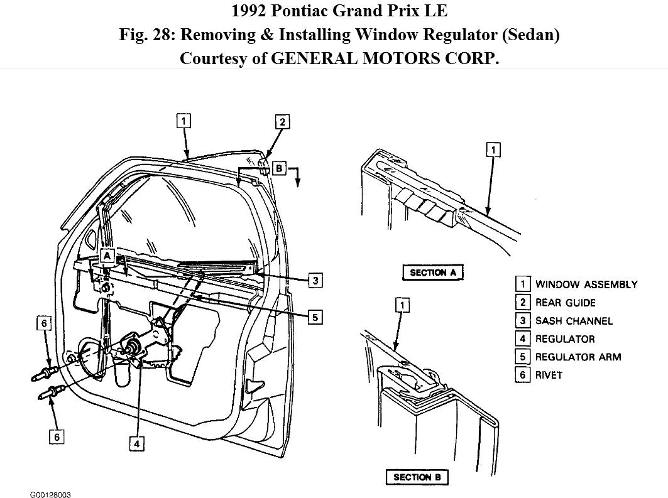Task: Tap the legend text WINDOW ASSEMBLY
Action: (x=586, y=284)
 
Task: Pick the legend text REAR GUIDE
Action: (x=565, y=303)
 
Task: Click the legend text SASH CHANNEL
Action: (x=573, y=321)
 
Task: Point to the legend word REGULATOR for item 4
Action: (x=564, y=339)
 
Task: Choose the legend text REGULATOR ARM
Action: (x=578, y=357)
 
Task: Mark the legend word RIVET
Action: (x=549, y=375)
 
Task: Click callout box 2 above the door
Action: (x=282, y=121)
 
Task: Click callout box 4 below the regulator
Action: (x=137, y=443)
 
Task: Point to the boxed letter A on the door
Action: (x=107, y=256)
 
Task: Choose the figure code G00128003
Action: (x=50, y=495)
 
